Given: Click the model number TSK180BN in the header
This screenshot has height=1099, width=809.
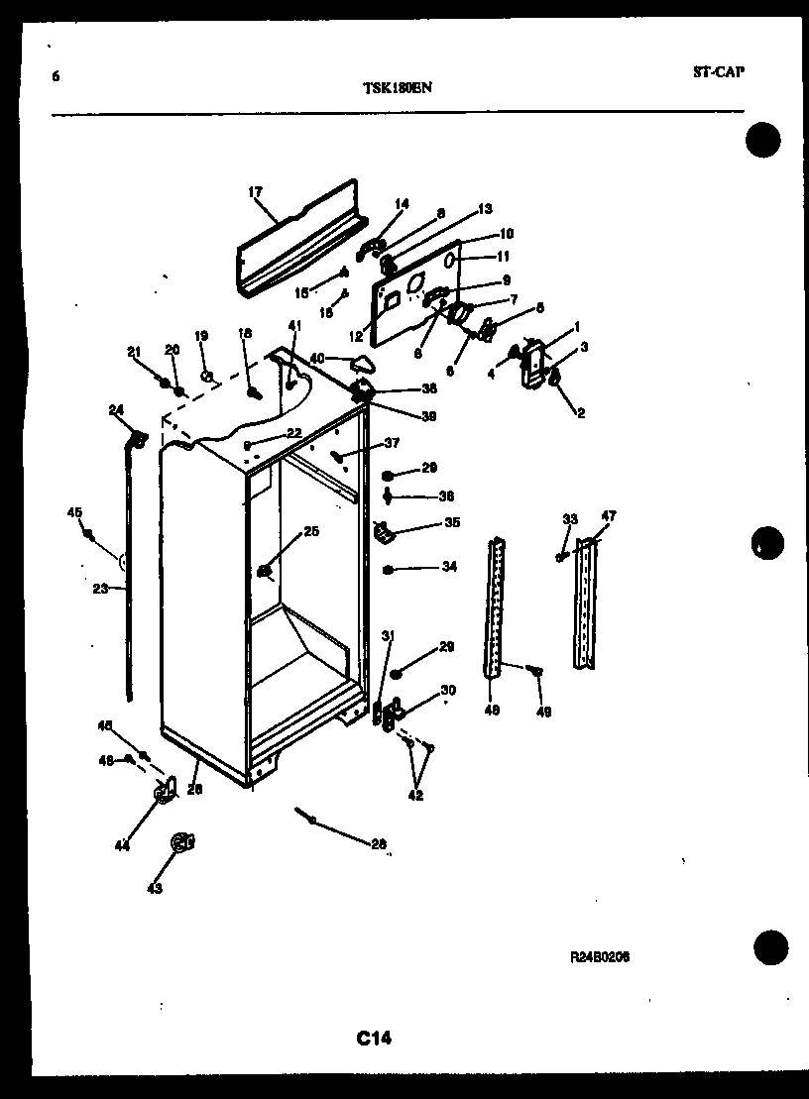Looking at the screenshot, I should pos(397,86).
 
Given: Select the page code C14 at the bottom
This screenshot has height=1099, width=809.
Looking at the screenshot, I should pos(374,1039).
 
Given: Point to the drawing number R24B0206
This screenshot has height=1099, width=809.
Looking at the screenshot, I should pos(600,957).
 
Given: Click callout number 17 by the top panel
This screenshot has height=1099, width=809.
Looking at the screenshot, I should pos(255,192).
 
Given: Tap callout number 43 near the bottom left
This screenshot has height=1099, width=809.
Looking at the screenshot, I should pos(154,889).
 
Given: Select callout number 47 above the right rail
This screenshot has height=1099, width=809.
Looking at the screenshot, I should pos(608,516).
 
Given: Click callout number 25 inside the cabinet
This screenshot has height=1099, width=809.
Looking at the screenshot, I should pos(311,532).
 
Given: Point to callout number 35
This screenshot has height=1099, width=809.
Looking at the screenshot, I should pos(451,522).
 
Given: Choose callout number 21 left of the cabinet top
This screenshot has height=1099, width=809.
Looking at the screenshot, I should pos(135,351).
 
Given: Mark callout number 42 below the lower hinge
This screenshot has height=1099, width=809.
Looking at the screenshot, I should pos(415,795).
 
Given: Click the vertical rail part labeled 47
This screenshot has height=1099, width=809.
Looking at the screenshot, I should pos(588,604).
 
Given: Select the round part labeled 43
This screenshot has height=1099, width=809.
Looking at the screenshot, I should pos(181,842).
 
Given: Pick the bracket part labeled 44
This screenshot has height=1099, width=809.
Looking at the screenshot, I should pos(164,790).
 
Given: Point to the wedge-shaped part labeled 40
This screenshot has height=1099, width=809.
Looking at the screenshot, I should pos(364,364).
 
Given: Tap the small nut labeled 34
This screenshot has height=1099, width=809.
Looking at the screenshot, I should pos(390,570).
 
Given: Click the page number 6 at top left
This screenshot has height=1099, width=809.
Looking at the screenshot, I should pos(56,75).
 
